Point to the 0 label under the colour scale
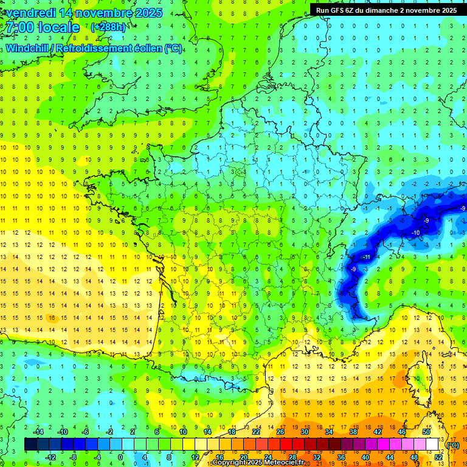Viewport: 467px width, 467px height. pyautogui.click(x=120, y=457)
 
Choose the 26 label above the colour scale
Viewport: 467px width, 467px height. pyautogui.click(x=280, y=432)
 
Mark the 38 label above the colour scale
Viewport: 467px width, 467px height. pyautogui.click(x=353, y=432)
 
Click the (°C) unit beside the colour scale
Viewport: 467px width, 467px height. pyautogui.click(x=452, y=445)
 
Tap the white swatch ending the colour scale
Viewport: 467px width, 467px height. pyautogui.click(x=432, y=445)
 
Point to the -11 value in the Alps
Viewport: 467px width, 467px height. pyautogui.click(x=367, y=257)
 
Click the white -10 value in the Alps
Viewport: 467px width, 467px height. pyautogui.click(x=416, y=233)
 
